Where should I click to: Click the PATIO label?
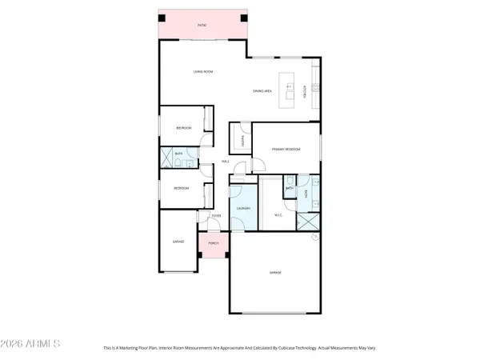202,26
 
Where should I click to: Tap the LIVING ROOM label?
202,72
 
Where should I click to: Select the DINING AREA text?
262,91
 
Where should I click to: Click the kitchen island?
288,87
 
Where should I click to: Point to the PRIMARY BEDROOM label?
286,149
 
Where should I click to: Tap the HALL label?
226,162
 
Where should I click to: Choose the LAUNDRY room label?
243,208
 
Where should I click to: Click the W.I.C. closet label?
278,214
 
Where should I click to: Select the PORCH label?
213,242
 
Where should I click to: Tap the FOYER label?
216,216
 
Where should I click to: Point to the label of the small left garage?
178,241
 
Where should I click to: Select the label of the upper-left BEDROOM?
183,127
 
